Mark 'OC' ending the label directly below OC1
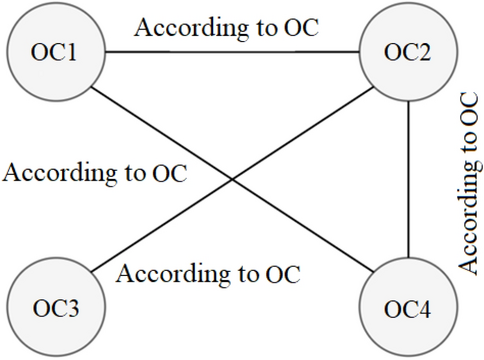169,171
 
